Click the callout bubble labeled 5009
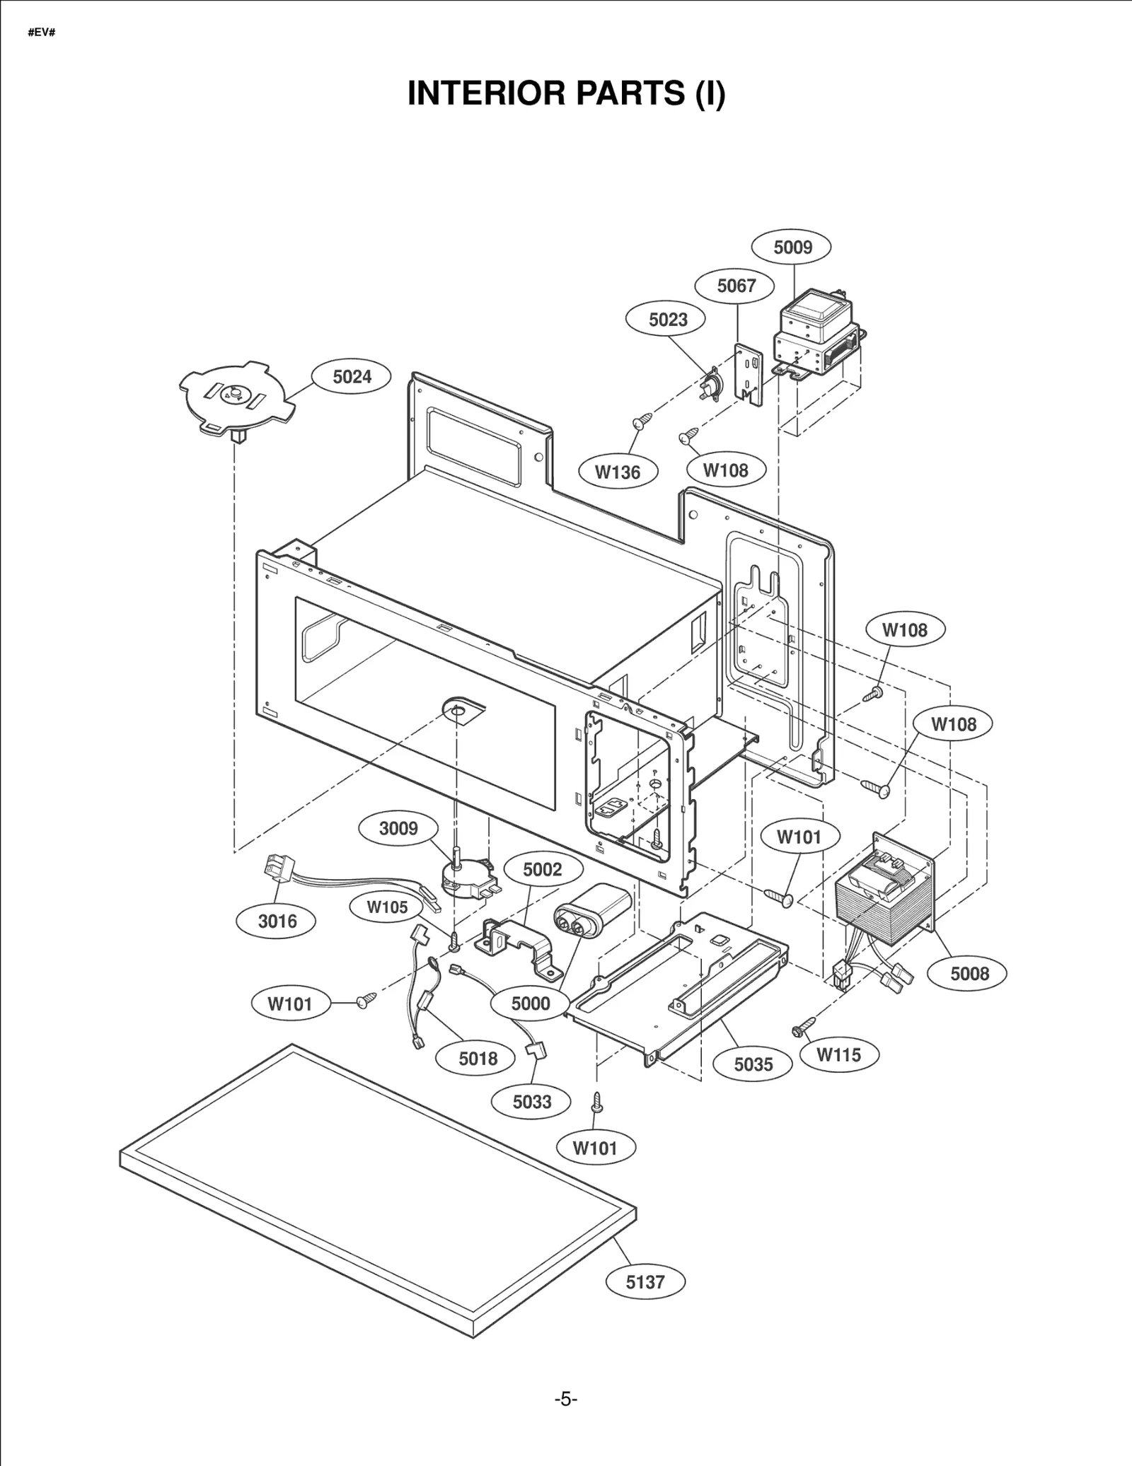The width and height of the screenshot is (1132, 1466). (792, 247)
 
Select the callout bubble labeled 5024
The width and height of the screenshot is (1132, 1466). (352, 376)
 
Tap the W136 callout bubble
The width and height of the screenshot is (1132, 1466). (617, 472)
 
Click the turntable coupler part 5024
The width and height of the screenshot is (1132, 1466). (236, 399)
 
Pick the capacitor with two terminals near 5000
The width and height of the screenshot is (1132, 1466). (591, 911)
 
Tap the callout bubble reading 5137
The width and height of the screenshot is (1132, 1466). (645, 1281)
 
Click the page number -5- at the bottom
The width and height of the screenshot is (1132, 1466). (565, 1399)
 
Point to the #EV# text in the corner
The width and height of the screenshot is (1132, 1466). (42, 33)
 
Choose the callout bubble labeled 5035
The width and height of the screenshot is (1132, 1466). (753, 1064)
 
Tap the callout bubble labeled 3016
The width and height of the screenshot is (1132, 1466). (277, 921)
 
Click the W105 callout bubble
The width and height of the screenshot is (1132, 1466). (387, 907)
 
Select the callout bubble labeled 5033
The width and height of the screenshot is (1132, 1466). (531, 1101)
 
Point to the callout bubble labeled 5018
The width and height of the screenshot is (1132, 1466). (478, 1059)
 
